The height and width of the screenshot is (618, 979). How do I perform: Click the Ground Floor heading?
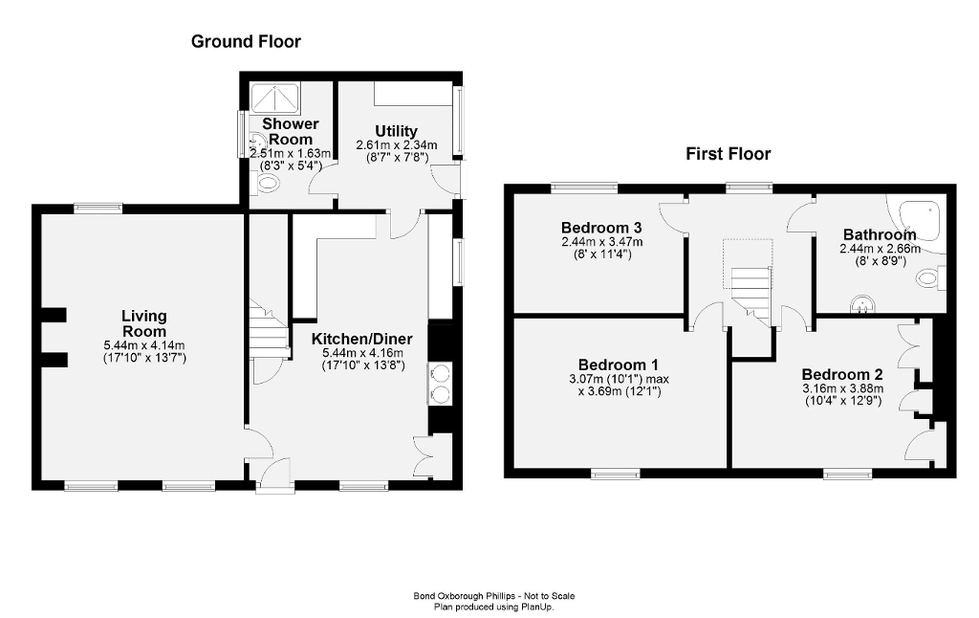click(x=246, y=41)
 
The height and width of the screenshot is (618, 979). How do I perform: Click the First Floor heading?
click(x=728, y=154)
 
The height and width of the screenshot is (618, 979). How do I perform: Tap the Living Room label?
click(x=144, y=323)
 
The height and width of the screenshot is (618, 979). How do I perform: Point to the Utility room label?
click(x=396, y=131)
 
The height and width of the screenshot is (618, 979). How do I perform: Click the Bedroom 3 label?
click(x=601, y=228)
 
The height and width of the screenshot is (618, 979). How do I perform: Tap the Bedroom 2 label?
click(x=842, y=374)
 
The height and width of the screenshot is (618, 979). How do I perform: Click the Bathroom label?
click(x=879, y=234)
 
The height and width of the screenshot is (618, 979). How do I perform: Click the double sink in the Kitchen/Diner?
click(x=442, y=385)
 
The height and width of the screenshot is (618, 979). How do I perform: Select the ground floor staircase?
click(x=268, y=328)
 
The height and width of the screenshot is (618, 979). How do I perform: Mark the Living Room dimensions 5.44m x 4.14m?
click(x=144, y=345)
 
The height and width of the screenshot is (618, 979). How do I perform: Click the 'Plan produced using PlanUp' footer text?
click(x=493, y=607)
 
